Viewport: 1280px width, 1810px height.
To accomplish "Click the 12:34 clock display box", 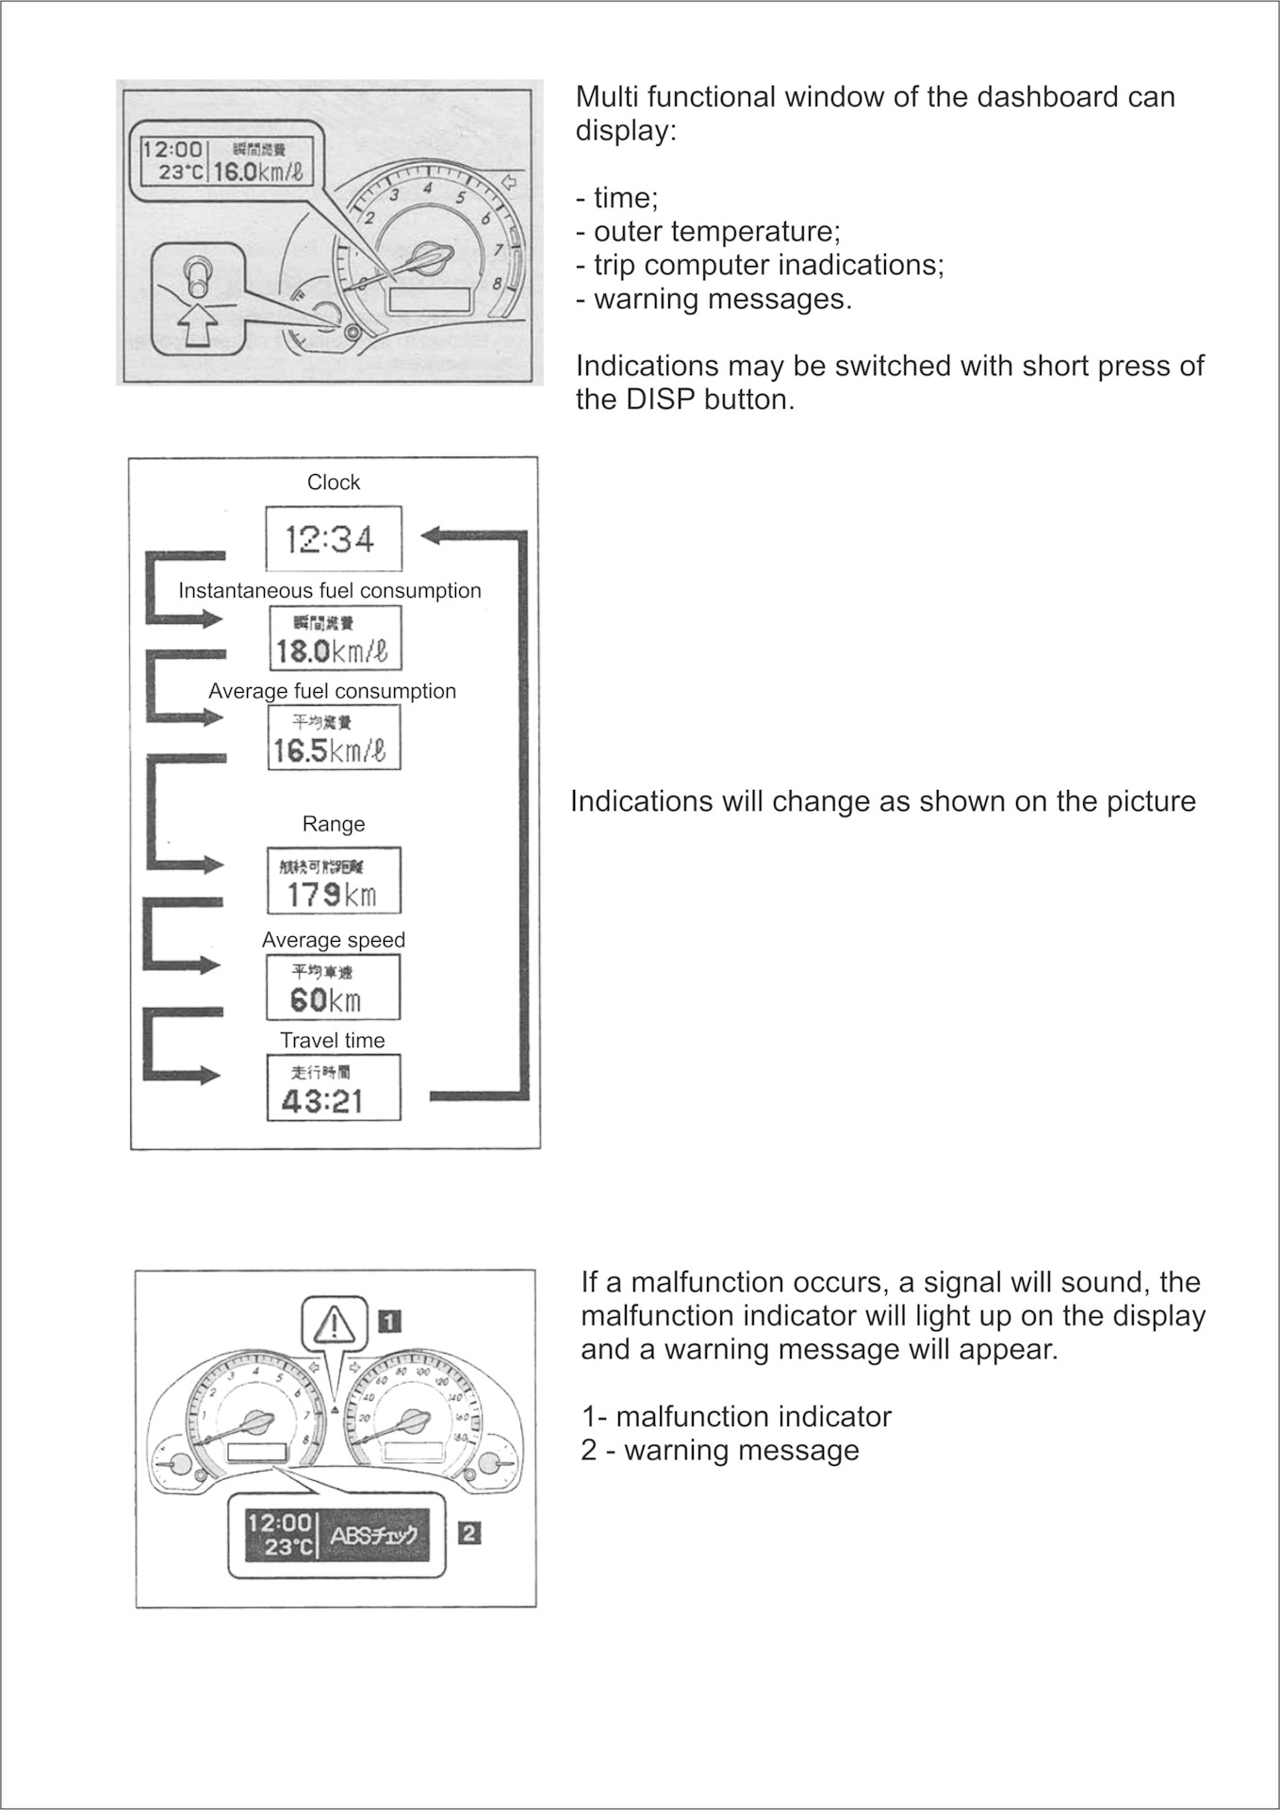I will (334, 539).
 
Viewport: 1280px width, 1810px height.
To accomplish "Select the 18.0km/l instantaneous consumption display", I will (334, 639).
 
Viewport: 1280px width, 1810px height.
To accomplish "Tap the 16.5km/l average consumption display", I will (334, 739).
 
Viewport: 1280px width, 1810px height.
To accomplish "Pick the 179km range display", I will (334, 881).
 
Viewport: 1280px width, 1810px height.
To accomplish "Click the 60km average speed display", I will (333, 988).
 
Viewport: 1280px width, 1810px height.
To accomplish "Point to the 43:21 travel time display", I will (334, 1089).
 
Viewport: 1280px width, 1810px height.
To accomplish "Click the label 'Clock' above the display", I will (334, 483).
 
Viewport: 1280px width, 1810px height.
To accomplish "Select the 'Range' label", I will (334, 825).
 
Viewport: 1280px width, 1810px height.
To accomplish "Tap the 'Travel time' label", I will (333, 1041).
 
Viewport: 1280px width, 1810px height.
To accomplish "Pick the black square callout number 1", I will (390, 1322).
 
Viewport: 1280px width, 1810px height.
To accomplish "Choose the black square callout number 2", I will (468, 1534).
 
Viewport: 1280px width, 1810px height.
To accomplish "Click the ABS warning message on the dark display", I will (373, 1536).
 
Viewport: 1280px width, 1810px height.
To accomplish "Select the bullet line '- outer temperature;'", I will (708, 232).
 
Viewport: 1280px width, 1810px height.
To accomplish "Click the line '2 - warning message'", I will (720, 1451).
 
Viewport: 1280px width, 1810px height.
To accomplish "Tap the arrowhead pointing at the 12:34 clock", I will (433, 535).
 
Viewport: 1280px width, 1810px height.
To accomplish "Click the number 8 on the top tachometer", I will (496, 282).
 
